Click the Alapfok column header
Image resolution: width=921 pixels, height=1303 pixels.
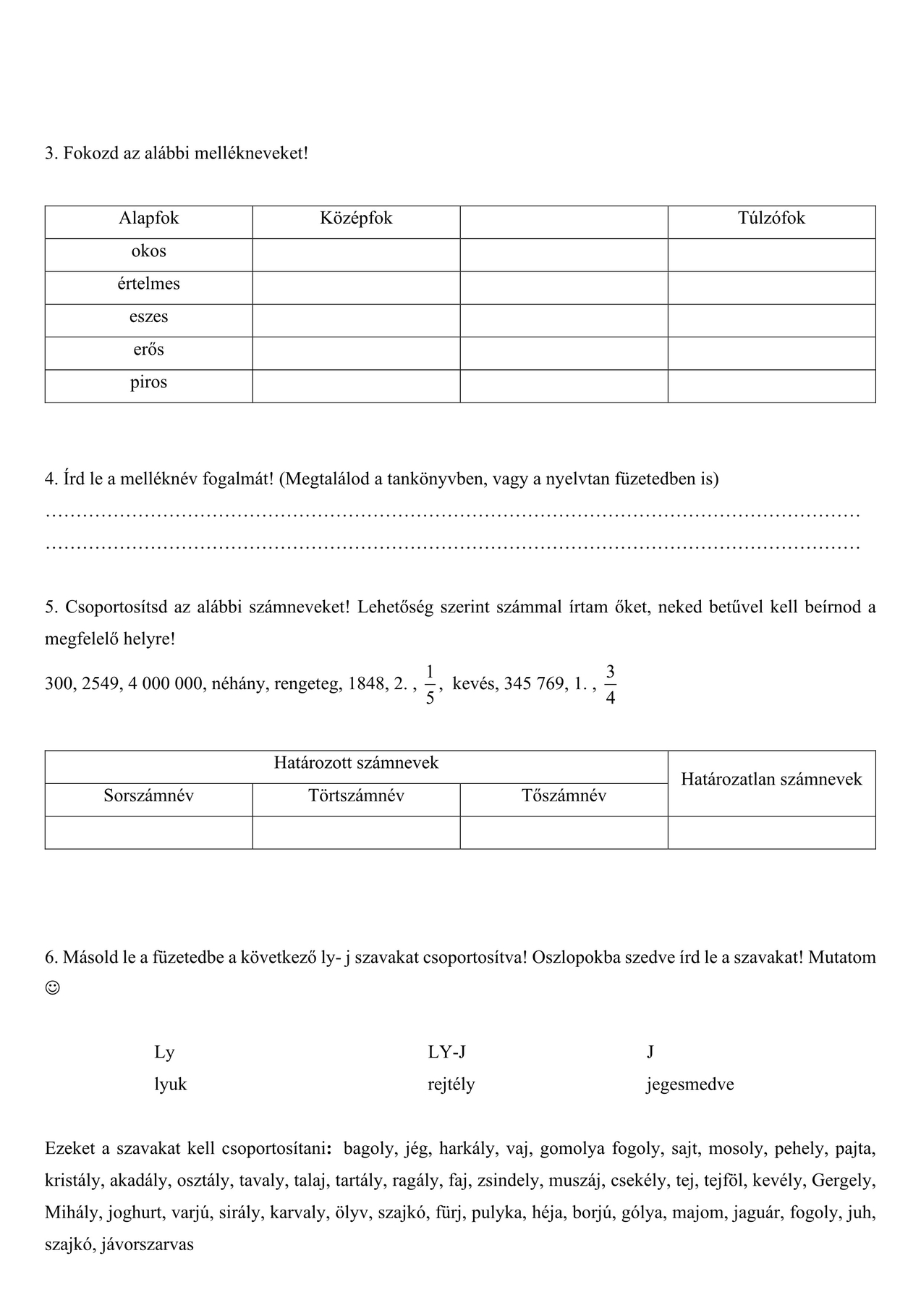coord(148,219)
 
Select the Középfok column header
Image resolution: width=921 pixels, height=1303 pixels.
coord(356,219)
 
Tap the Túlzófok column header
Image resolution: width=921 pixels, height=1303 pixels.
coord(771,219)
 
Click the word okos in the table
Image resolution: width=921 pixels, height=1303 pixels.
coord(148,251)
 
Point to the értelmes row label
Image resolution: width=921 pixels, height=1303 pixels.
coord(148,284)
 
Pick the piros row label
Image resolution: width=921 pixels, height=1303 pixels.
coord(148,382)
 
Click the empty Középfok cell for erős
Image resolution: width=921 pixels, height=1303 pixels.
coord(356,353)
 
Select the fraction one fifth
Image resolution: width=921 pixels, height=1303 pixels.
coord(430,684)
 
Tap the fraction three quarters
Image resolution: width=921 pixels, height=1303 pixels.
coord(610,684)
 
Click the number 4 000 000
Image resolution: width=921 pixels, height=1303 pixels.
coord(166,684)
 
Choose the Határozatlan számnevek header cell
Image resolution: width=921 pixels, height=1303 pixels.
coord(771,780)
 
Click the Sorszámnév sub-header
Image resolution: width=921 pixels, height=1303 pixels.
coord(148,796)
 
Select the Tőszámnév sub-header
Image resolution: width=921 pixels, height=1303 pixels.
coord(564,796)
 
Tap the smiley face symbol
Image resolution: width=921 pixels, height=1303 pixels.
coord(52,987)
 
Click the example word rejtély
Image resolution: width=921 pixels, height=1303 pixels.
coord(451,1084)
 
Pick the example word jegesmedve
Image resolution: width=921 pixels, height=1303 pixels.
coord(689,1084)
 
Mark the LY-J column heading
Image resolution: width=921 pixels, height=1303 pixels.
coord(446,1053)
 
